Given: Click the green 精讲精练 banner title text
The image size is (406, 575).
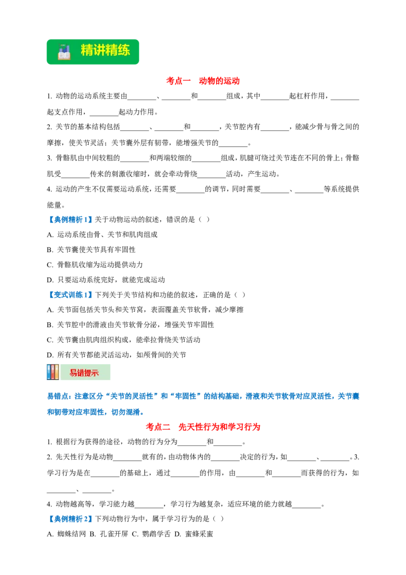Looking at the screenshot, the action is coord(105,50).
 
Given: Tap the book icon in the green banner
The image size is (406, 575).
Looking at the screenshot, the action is coord(64,52).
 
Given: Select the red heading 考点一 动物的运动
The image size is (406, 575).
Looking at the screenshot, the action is coord(202,81).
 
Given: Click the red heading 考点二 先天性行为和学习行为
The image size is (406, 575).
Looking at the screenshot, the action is coord(202,427).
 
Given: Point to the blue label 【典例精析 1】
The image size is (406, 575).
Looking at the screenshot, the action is coord(70,219).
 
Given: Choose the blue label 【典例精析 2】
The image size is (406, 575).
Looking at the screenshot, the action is coord(70,519).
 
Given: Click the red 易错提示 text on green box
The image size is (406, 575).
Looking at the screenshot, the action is coord(84,373).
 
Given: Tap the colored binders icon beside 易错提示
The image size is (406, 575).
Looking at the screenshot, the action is coord(53,372).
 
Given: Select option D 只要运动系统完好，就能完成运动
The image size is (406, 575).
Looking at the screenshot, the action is coord(106,280).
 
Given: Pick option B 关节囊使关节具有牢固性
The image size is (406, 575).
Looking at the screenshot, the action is coord(91,250).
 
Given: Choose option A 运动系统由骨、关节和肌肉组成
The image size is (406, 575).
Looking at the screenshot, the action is coord(102,235).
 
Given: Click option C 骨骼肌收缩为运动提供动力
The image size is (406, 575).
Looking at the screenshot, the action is coord(95,265).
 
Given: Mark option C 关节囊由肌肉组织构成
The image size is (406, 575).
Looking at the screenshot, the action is coord(123,340).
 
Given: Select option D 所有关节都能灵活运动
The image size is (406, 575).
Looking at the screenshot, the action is coord(117,355).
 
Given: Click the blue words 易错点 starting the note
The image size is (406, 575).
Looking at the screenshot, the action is coord(59,396).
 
